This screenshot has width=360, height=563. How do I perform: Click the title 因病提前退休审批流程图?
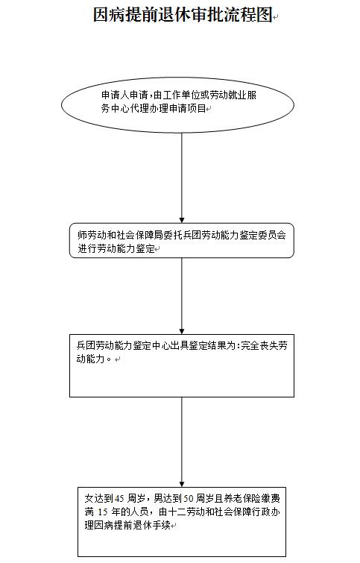click(183, 15)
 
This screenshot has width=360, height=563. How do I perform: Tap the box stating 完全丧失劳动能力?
click(182, 365)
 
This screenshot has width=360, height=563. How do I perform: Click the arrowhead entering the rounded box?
click(182, 220)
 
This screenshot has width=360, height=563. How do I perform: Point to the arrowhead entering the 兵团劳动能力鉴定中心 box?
click(182, 331)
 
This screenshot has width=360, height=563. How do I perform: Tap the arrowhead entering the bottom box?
click(182, 483)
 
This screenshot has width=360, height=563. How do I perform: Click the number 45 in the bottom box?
click(119, 498)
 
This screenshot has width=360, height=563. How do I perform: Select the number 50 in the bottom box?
click(189, 498)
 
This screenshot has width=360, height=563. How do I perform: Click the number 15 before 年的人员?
click(103, 512)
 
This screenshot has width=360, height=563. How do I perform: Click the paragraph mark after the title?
click(276, 17)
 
